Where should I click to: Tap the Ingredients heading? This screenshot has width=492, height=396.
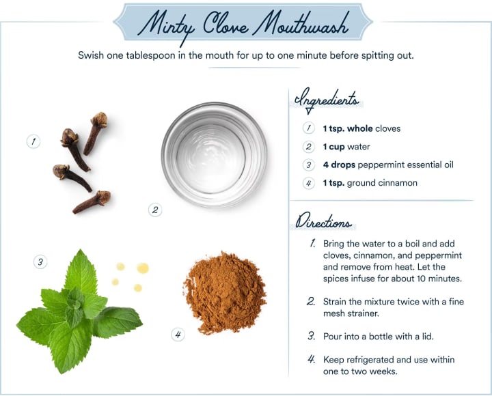pyautogui.click(x=327, y=100)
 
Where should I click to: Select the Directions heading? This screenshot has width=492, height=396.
pyautogui.click(x=323, y=221)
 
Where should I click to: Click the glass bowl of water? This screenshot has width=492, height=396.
pyautogui.click(x=215, y=155)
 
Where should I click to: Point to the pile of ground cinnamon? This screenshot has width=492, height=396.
pyautogui.click(x=225, y=292)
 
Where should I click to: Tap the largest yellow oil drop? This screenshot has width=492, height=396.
pyautogui.click(x=142, y=268)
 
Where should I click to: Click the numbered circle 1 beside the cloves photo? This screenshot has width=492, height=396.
pyautogui.click(x=33, y=141)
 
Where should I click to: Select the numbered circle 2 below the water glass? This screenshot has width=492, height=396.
pyautogui.click(x=155, y=210)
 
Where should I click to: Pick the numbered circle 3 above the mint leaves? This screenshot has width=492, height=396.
pyautogui.click(x=40, y=261)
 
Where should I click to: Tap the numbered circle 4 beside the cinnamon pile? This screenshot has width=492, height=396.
pyautogui.click(x=178, y=335)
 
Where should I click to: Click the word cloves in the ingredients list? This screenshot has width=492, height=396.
pyautogui.click(x=388, y=128)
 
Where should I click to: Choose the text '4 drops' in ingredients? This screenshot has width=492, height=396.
pyautogui.click(x=339, y=165)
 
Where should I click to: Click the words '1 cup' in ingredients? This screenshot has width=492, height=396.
pyautogui.click(x=334, y=147)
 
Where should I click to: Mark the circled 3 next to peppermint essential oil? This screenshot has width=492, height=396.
pyautogui.click(x=308, y=165)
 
